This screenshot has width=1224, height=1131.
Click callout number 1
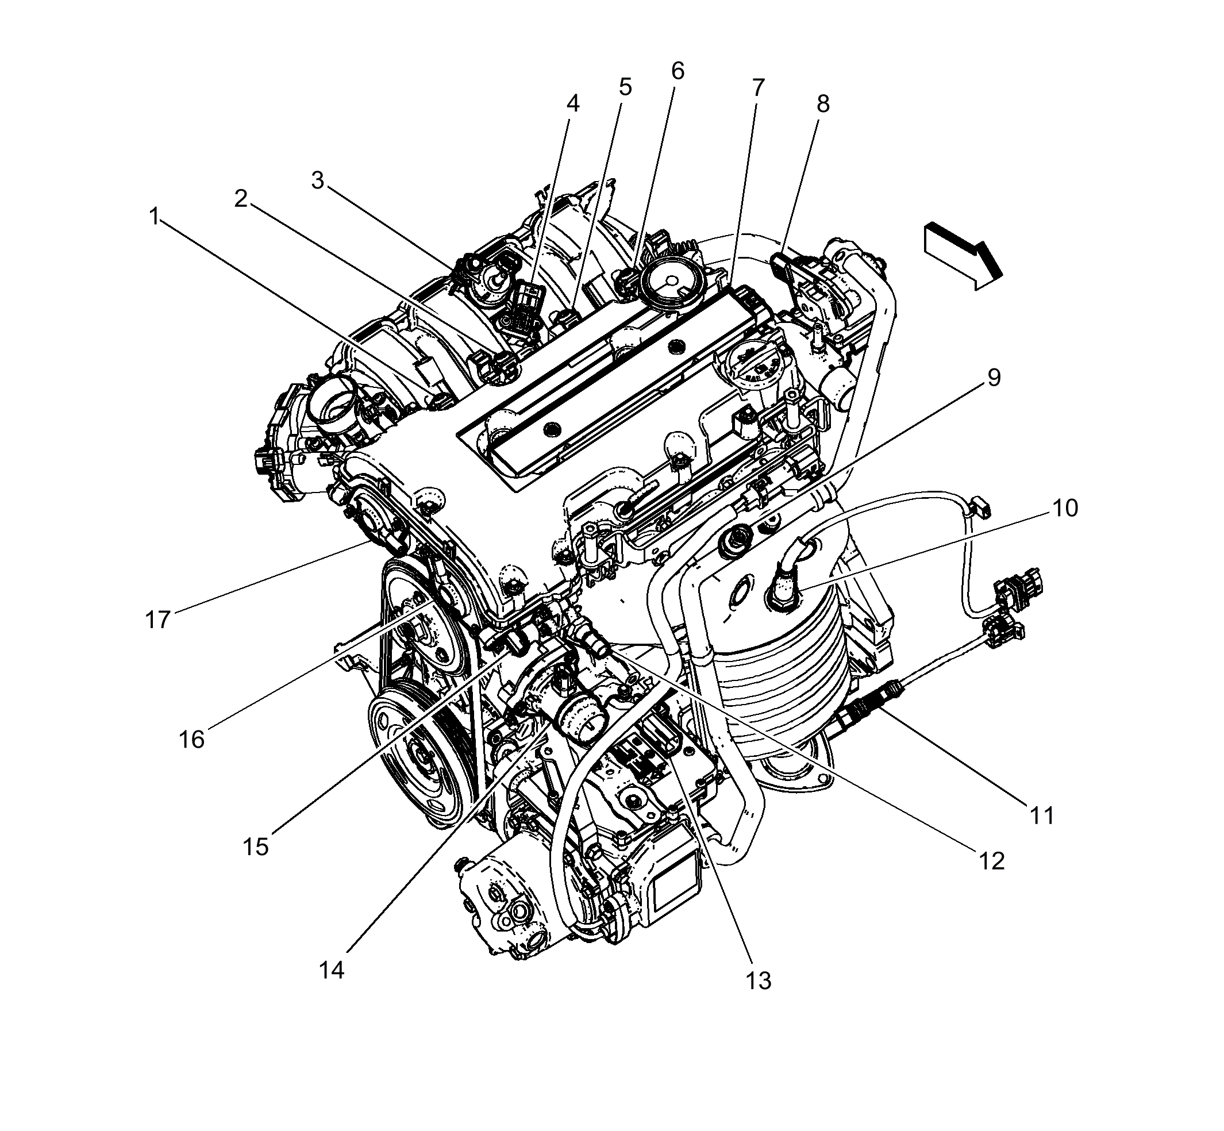coord(154,216)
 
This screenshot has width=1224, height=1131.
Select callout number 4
coord(572,103)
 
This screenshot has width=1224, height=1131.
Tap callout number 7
coord(759,88)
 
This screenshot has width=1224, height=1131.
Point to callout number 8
coord(823,104)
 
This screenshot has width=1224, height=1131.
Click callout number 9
coord(995,378)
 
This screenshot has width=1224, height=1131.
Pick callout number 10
coord(1065,508)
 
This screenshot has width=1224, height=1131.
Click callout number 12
coord(992,861)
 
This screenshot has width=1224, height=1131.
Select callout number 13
coord(759,981)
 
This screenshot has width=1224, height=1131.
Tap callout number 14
coord(332,970)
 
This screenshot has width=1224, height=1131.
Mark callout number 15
coord(256,848)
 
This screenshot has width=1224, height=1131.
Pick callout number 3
coord(317,181)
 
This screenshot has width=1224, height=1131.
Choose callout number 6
coord(678,72)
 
